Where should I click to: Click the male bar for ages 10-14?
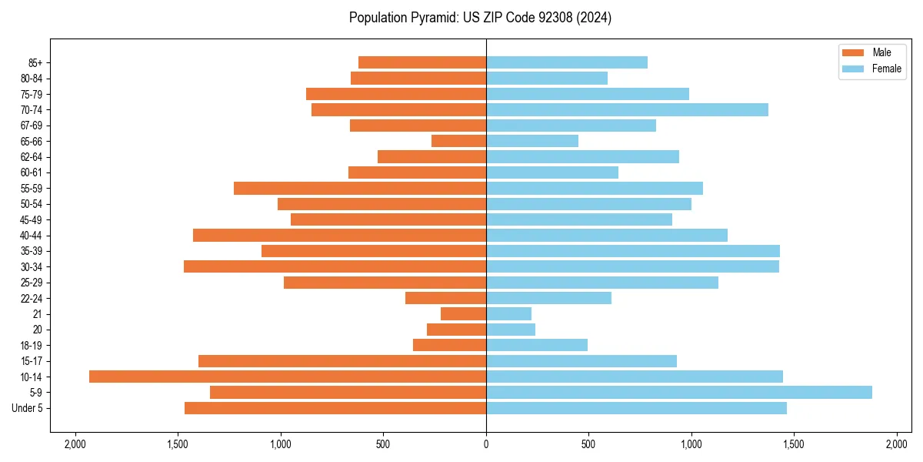pyautogui.click(x=288, y=377)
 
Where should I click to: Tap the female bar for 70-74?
pyautogui.click(x=627, y=109)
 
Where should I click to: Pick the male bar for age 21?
pyautogui.click(x=463, y=313)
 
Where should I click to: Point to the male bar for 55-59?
pyautogui.click(x=360, y=188)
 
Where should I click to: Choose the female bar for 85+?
pyautogui.click(x=567, y=62)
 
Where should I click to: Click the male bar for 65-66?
pyautogui.click(x=458, y=141)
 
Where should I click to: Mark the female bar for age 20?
pyautogui.click(x=511, y=330)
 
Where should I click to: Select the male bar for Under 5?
pyautogui.click(x=335, y=408)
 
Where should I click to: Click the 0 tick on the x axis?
pyautogui.click(x=486, y=444)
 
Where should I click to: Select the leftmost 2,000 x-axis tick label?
pyautogui.click(x=75, y=444)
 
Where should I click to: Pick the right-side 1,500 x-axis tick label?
pyautogui.click(x=794, y=444)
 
